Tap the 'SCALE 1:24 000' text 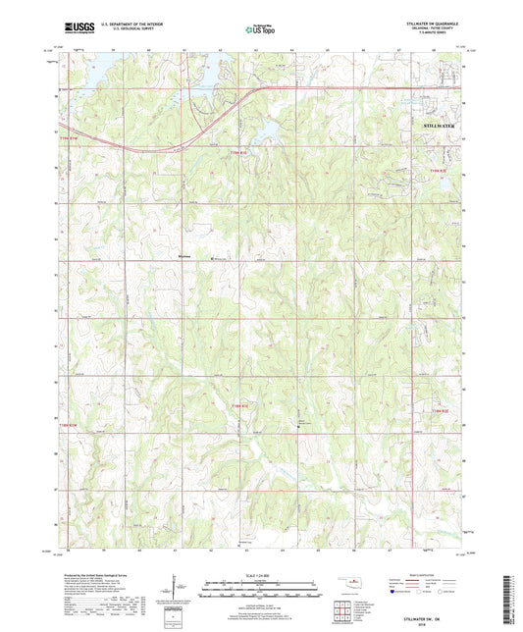pyautogui.click(x=259, y=575)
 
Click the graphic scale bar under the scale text pyautogui.click(x=259, y=590)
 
